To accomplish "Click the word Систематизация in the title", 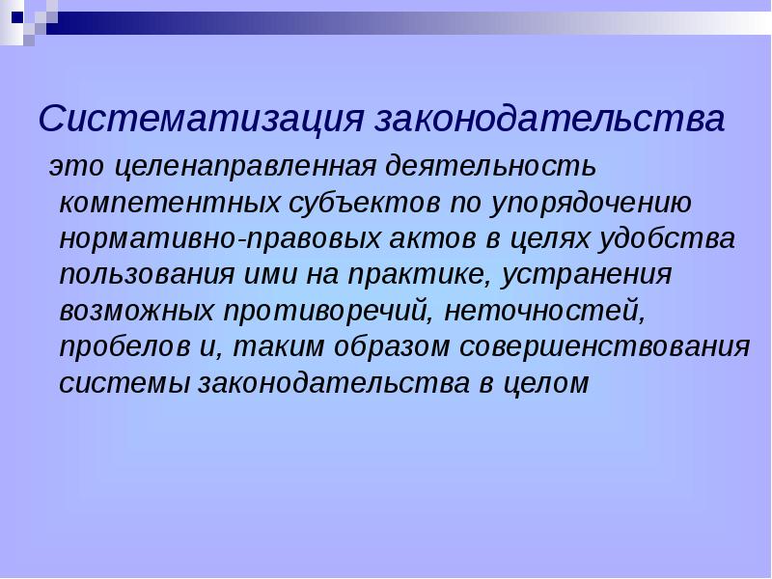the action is click(201, 119).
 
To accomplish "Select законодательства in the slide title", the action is click(550, 119).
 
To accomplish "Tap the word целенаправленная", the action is click(245, 167).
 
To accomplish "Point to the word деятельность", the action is click(490, 166).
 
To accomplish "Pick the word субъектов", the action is click(365, 202).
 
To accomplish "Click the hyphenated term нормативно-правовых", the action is click(220, 239).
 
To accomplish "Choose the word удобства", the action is click(667, 238).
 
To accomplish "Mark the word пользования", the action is click(147, 274).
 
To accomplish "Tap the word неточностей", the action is click(544, 312).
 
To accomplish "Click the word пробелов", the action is click(124, 347).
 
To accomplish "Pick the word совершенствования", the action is click(605, 347).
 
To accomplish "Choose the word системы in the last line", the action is click(124, 384).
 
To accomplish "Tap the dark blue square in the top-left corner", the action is click(17, 17).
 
